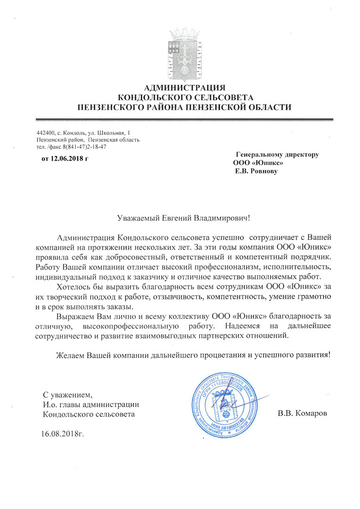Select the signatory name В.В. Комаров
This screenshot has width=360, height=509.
[x=302, y=414]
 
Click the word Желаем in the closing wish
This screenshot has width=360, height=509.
[x=70, y=354]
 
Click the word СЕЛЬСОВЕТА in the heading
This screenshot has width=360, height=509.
[x=219, y=98]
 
